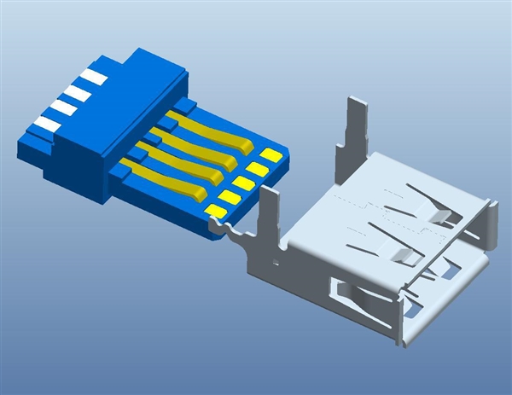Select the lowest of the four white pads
click(48, 125)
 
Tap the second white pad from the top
click(78, 92)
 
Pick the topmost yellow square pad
click(271, 155)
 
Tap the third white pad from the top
click(63, 108)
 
